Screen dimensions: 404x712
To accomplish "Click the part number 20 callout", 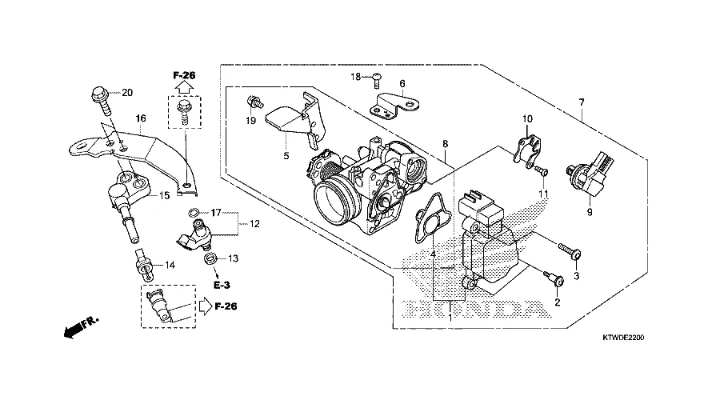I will [x=127, y=92].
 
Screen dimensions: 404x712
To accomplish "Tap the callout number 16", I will [x=141, y=118].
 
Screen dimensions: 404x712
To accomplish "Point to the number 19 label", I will [x=250, y=120].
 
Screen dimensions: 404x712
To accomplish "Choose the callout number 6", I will [x=402, y=83].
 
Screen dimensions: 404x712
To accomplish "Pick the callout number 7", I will [x=582, y=102].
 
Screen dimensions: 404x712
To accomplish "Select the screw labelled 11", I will [x=540, y=170].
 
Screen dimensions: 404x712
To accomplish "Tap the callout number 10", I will [x=527, y=118].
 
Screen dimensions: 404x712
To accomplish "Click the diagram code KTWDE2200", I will [x=623, y=338].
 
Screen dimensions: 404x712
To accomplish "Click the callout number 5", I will [x=286, y=155].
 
